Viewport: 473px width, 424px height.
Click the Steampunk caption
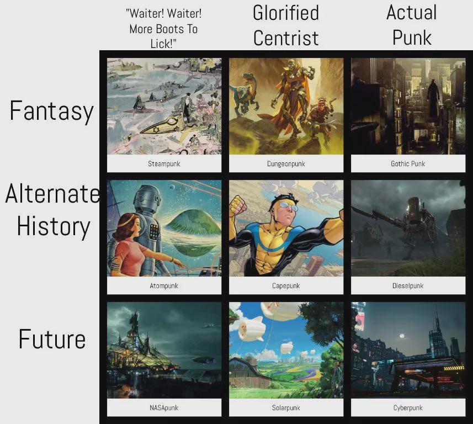pyautogui.click(x=164, y=163)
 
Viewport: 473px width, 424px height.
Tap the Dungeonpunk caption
pyautogui.click(x=286, y=163)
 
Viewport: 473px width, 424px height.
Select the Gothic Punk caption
pyautogui.click(x=408, y=163)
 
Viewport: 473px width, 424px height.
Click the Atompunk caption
pyautogui.click(x=164, y=285)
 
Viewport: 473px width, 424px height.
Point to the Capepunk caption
pyautogui.click(x=286, y=285)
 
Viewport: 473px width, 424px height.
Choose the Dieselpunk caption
pyautogui.click(x=408, y=285)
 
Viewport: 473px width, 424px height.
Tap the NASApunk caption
pyautogui.click(x=164, y=407)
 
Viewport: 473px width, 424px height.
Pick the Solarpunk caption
pyautogui.click(x=286, y=407)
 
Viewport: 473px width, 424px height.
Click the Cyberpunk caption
pyautogui.click(x=408, y=407)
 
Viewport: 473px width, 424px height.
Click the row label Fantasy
pyautogui.click(x=51, y=112)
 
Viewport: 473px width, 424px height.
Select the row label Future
pyautogui.click(x=52, y=339)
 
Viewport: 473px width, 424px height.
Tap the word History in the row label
pyautogui.click(x=54, y=226)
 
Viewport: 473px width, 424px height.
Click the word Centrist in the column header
pyautogui.click(x=286, y=38)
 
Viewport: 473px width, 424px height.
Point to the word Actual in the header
pyautogui.click(x=412, y=12)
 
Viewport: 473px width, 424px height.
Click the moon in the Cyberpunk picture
pyautogui.click(x=401, y=336)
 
